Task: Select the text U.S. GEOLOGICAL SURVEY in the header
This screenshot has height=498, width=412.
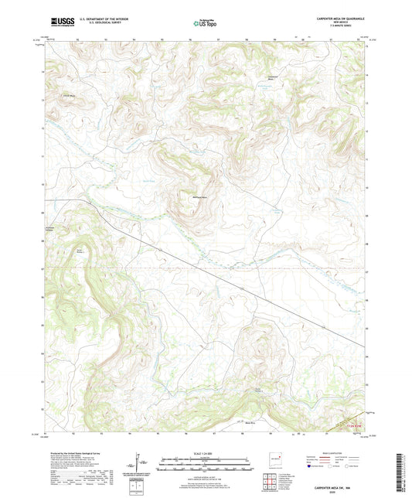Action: tap(95, 26)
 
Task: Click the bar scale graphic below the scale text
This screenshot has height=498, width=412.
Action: tap(206, 465)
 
